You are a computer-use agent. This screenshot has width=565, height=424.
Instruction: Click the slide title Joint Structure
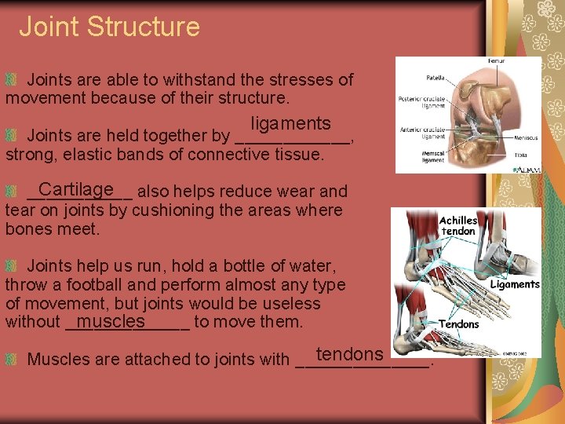[109, 27]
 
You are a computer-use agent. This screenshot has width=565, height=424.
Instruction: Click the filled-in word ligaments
[290, 124]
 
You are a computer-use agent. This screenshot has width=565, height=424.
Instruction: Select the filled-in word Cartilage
[75, 189]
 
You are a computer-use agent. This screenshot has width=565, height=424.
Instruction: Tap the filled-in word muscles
[111, 321]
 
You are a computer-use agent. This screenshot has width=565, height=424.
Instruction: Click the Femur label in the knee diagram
[497, 61]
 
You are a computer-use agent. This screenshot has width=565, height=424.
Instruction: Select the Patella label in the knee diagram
[435, 78]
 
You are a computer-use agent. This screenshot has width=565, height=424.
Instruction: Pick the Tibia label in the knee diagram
[520, 155]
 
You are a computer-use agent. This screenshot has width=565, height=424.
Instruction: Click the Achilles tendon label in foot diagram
[458, 226]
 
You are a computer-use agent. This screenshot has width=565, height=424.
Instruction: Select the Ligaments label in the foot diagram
[515, 284]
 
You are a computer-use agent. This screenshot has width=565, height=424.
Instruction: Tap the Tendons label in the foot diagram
[459, 323]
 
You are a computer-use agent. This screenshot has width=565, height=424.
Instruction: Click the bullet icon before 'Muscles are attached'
[11, 360]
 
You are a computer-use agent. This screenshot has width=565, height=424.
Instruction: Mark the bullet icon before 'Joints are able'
[11, 80]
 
